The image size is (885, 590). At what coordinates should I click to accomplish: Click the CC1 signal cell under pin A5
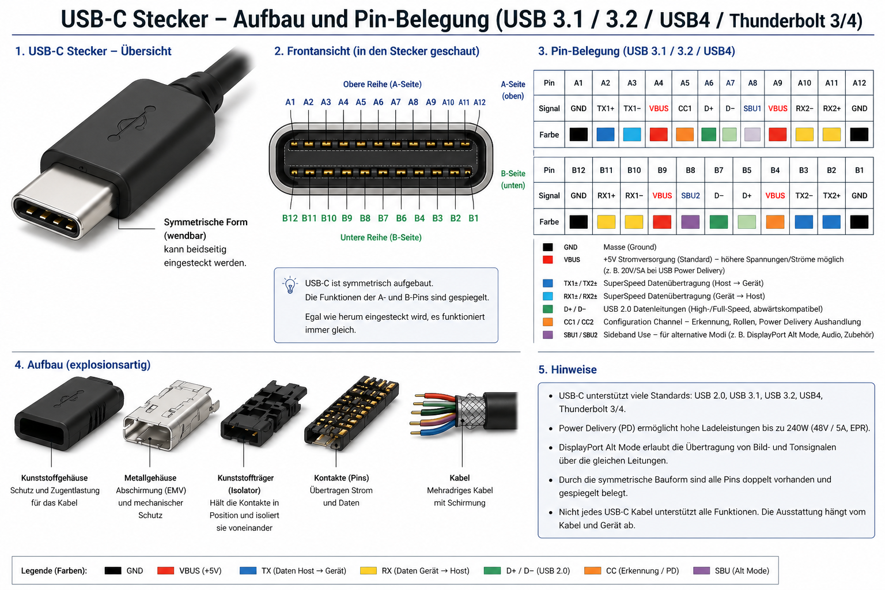pyautogui.click(x=684, y=108)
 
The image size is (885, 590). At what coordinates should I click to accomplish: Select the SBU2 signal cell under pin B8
pyautogui.click(x=690, y=196)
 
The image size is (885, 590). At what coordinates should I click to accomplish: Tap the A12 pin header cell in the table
pyautogui.click(x=859, y=83)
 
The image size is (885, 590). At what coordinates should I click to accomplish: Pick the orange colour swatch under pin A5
pyautogui.click(x=684, y=134)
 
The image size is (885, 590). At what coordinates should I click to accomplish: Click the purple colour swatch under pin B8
pyautogui.click(x=690, y=222)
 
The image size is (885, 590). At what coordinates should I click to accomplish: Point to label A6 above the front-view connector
pyautogui.click(x=378, y=102)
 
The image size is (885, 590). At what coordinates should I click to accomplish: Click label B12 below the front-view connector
pyautogui.click(x=290, y=218)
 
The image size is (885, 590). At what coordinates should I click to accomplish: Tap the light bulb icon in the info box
pyautogui.click(x=290, y=285)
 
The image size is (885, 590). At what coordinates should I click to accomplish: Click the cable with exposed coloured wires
pyautogui.click(x=464, y=413)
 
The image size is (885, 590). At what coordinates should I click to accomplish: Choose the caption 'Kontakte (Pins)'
pyautogui.click(x=341, y=478)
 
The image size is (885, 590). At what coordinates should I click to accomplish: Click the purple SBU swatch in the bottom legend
pyautogui.click(x=701, y=570)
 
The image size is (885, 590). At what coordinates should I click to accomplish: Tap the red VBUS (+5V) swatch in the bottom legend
pyautogui.click(x=165, y=570)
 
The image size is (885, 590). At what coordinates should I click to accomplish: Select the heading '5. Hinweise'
pyautogui.click(x=567, y=370)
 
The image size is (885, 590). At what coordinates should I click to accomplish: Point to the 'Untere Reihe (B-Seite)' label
pyautogui.click(x=381, y=237)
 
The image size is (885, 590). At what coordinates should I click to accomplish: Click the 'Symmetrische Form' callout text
pyautogui.click(x=206, y=222)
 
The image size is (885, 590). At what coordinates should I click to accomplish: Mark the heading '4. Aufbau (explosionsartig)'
pyautogui.click(x=82, y=365)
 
